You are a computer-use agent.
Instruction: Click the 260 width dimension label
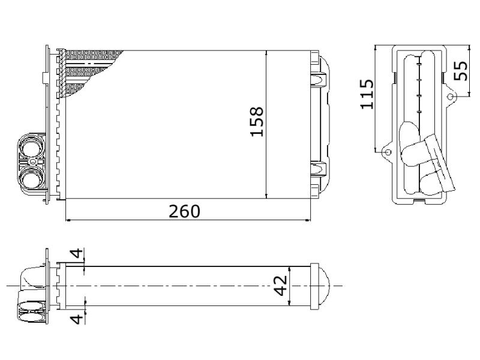click(185, 211)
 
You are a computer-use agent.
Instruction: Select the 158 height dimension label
click(257, 122)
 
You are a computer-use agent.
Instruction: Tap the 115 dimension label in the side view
click(367, 94)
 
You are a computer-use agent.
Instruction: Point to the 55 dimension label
click(461, 71)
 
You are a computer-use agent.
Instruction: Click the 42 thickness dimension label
click(281, 286)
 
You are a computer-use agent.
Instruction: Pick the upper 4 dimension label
click(77, 254)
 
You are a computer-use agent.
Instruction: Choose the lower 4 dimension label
click(77, 319)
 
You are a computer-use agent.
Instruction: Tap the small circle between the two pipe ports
click(33, 162)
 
